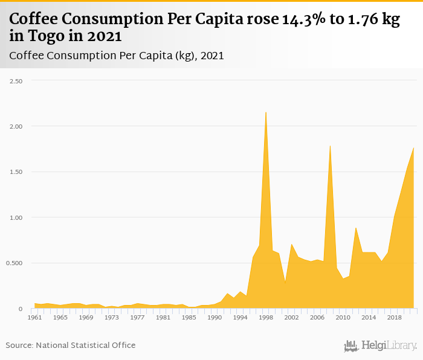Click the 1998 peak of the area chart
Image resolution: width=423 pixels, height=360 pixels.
tap(266, 112)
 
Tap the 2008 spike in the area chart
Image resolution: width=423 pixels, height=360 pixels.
tap(330, 146)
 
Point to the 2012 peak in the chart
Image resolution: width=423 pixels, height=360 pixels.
tap(356, 228)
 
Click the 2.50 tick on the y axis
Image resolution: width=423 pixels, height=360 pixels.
tap(15, 80)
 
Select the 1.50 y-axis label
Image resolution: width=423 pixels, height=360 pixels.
tap(15, 172)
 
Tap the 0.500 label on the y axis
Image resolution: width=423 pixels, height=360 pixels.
tap(14, 263)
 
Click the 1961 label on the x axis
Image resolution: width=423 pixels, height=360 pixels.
tap(34, 317)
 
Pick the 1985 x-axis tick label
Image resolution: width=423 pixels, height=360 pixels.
tap(189, 317)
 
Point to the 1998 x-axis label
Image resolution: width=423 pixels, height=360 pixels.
tap(266, 317)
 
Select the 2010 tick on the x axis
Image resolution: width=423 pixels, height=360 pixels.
tap(343, 317)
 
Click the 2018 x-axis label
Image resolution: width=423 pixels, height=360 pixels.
tap(394, 317)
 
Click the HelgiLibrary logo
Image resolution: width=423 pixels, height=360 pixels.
tap(380, 346)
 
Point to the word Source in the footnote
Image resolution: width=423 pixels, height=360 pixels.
tap(19, 345)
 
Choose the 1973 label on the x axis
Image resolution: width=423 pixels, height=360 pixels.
tap(112, 317)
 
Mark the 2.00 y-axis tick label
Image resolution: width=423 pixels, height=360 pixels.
tap(15, 126)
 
